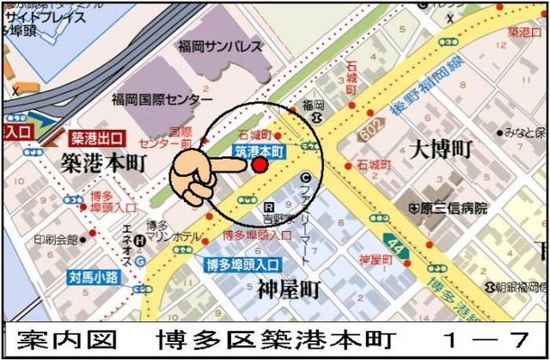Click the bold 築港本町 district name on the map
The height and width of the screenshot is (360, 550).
tap(103, 161)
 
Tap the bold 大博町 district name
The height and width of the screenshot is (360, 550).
tap(441, 149)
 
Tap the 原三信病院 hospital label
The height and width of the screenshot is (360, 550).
tap(451, 208)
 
